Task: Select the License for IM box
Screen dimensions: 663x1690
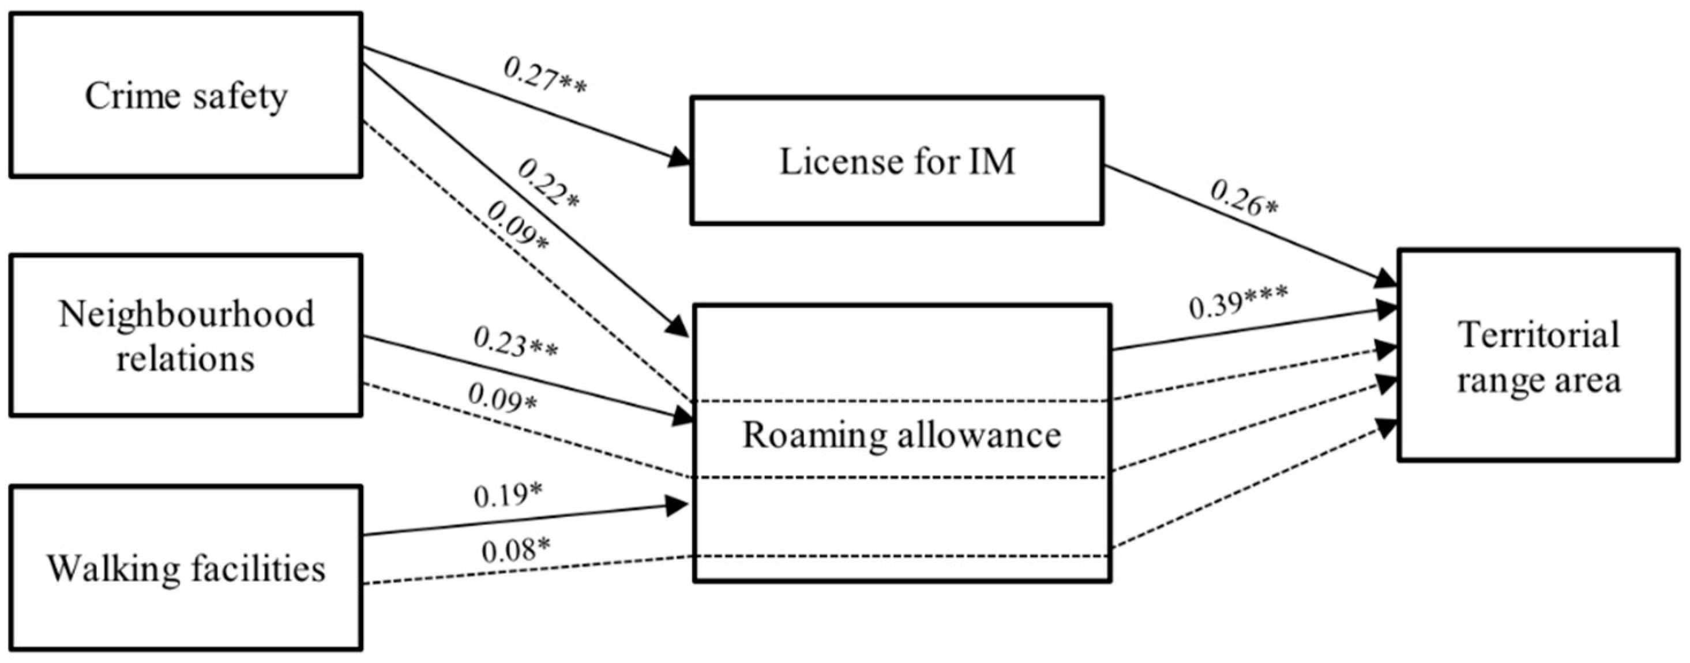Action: [x=896, y=161]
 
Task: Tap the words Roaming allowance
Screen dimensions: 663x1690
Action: [x=902, y=435]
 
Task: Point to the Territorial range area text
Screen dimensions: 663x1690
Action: [x=1538, y=357]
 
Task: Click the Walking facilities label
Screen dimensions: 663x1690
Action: [x=186, y=568]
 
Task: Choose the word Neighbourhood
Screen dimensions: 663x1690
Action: [x=186, y=314]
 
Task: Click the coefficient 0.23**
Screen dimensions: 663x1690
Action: [x=516, y=342]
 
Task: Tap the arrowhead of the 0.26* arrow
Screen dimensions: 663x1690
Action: [x=1385, y=278]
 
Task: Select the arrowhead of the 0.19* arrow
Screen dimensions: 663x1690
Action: [x=678, y=505]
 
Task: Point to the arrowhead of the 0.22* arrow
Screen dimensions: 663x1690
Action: [x=679, y=327]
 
